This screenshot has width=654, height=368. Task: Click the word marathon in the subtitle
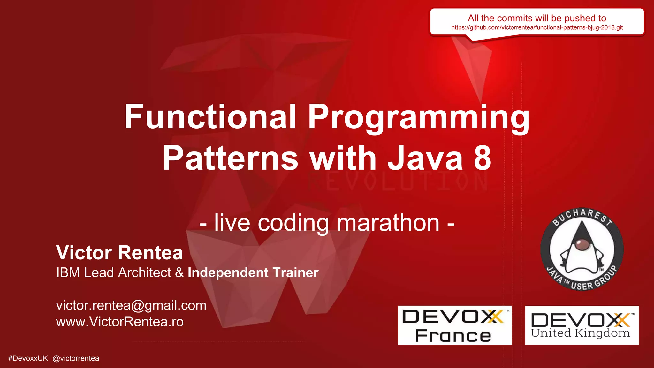[388, 223]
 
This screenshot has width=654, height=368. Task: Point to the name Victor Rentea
[119, 253]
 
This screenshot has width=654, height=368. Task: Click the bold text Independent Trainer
[253, 272]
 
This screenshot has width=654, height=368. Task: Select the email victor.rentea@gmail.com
[131, 305]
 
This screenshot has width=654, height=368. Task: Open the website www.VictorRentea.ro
[120, 322]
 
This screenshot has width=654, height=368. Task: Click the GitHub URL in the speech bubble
[537, 27]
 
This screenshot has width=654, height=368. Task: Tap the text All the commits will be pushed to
[537, 18]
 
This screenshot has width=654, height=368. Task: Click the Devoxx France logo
[454, 325]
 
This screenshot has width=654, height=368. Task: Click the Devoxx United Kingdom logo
[582, 325]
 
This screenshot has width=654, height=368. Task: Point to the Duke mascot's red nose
[582, 245]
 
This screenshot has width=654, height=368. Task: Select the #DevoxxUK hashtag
[28, 358]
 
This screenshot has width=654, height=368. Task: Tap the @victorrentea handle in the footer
[76, 358]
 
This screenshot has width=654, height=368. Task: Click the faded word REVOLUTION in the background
[398, 181]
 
